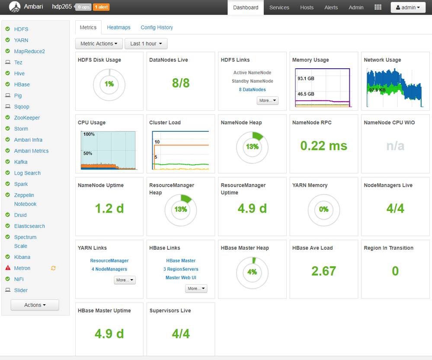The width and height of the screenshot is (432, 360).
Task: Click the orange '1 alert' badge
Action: pyautogui.click(x=101, y=7)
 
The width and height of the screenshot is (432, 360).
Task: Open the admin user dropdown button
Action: pyautogui.click(x=408, y=7)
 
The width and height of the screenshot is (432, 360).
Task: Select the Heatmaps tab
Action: pyautogui.click(x=118, y=27)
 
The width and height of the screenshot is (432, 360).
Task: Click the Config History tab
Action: pyautogui.click(x=157, y=27)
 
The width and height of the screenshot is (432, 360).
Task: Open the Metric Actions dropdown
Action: pyautogui.click(x=99, y=44)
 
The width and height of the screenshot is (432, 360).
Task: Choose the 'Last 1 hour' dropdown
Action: pyautogui.click(x=146, y=44)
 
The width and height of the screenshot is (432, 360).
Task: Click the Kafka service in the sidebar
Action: pyautogui.click(x=21, y=162)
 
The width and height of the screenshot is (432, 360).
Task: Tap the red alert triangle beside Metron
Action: pyautogui.click(x=8, y=268)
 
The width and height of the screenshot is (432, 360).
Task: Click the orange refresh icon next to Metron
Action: pyautogui.click(x=53, y=268)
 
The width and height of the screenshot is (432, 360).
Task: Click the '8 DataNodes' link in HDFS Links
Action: pyautogui.click(x=252, y=89)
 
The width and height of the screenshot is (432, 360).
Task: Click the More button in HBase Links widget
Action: pyautogui.click(x=196, y=288)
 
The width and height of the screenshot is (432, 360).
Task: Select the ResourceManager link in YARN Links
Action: pyautogui.click(x=109, y=261)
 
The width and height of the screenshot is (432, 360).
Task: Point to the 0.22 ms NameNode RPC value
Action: pyautogui.click(x=323, y=146)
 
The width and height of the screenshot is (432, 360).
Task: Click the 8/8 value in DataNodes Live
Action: pyautogui.click(x=181, y=83)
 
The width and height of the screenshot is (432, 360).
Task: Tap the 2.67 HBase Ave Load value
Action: pyautogui.click(x=323, y=271)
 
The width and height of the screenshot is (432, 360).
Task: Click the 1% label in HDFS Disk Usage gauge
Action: pyautogui.click(x=109, y=84)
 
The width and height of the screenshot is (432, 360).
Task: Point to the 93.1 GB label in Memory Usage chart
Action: pyautogui.click(x=306, y=79)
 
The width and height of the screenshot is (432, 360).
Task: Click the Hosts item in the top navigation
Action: pyautogui.click(x=307, y=7)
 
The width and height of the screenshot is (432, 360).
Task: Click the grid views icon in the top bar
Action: pyautogui.click(x=378, y=7)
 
